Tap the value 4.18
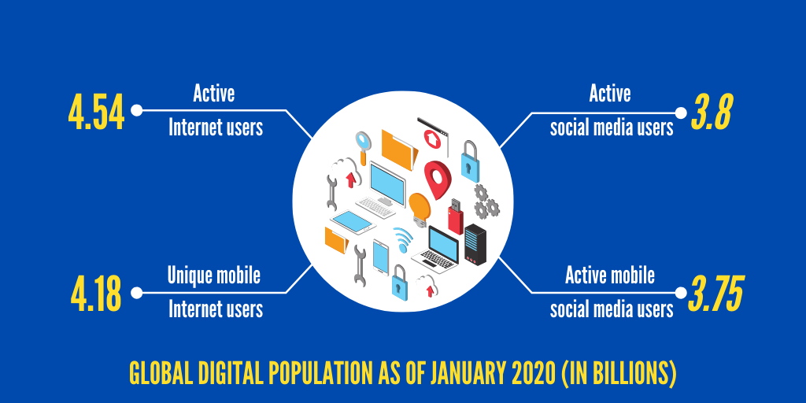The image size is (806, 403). click(96, 294)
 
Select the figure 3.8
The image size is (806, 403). click(712, 112)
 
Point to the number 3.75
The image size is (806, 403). click(715, 294)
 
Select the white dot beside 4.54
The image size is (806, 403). click(136, 110)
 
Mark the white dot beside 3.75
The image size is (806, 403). click(681, 293)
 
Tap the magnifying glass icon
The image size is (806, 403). click(363, 145)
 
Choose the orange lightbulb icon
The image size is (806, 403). click(420, 209)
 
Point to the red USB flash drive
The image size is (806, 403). click(455, 216)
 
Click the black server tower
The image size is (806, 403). click(475, 244)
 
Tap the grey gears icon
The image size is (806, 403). click(486, 201)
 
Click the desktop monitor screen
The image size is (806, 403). click(387, 183)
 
